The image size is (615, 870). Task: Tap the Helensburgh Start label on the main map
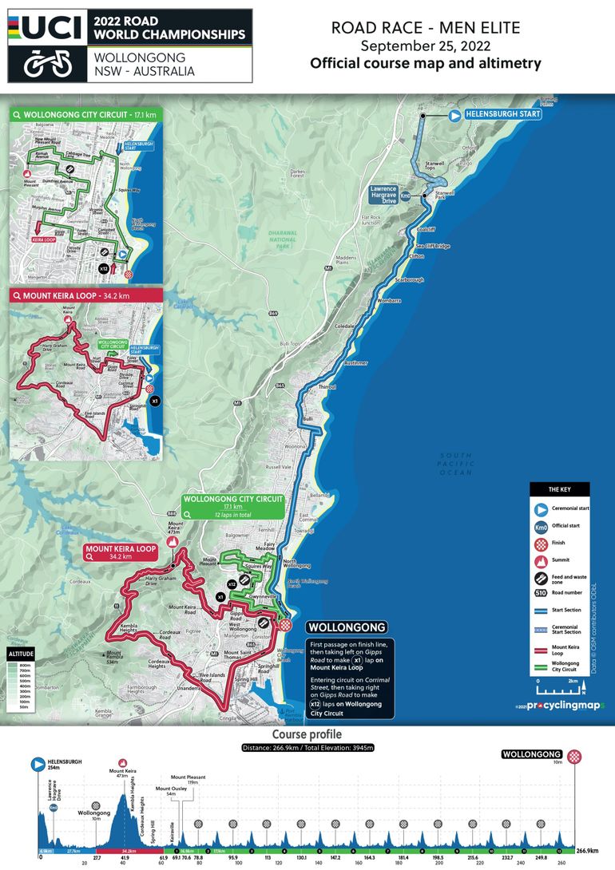[x=502, y=114]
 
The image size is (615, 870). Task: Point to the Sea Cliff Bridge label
[x=433, y=246]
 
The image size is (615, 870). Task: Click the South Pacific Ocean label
[x=455, y=464]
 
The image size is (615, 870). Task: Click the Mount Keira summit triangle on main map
[x=171, y=540]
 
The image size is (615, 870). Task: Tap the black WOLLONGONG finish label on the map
[x=347, y=627]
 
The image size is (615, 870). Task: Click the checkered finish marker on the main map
[x=285, y=626]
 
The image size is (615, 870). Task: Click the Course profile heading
[x=307, y=735]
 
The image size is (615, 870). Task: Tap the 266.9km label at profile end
[x=588, y=850]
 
